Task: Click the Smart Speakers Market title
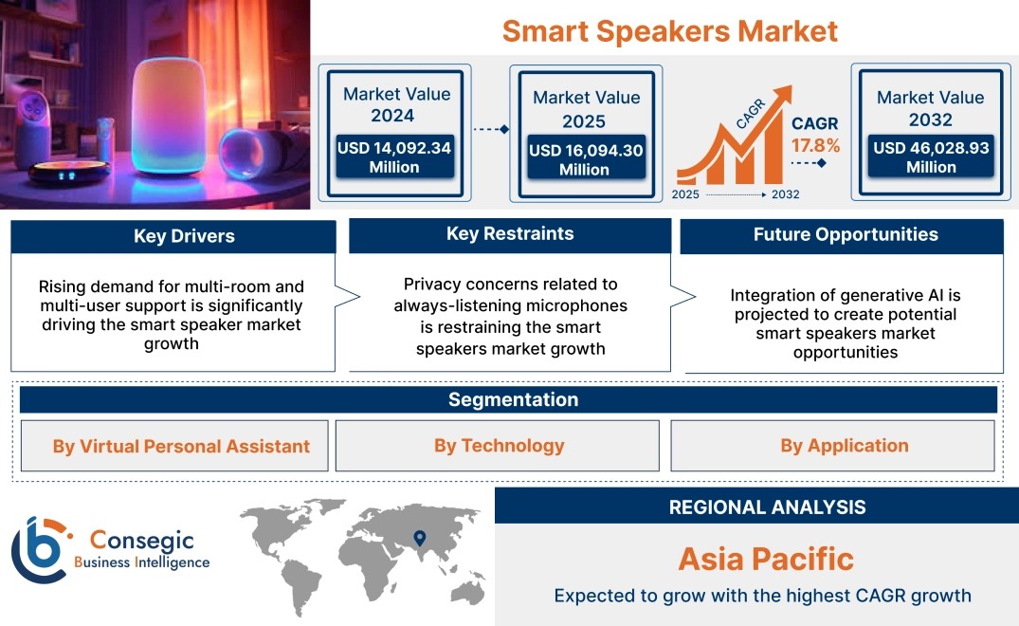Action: (670, 31)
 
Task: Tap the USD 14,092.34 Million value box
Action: (394, 156)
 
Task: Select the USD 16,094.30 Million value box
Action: (586, 158)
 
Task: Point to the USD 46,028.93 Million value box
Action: (931, 156)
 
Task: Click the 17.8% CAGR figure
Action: (815, 145)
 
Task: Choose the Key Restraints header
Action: (510, 234)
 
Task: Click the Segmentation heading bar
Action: (508, 399)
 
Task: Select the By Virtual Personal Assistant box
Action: (174, 446)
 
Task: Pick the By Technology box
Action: (497, 445)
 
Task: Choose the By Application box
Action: (832, 445)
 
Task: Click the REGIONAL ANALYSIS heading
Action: (768, 507)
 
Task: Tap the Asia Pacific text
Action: (766, 559)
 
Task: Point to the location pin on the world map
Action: (420, 538)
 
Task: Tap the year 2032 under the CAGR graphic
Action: (785, 194)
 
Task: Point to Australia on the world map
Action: (468, 593)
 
